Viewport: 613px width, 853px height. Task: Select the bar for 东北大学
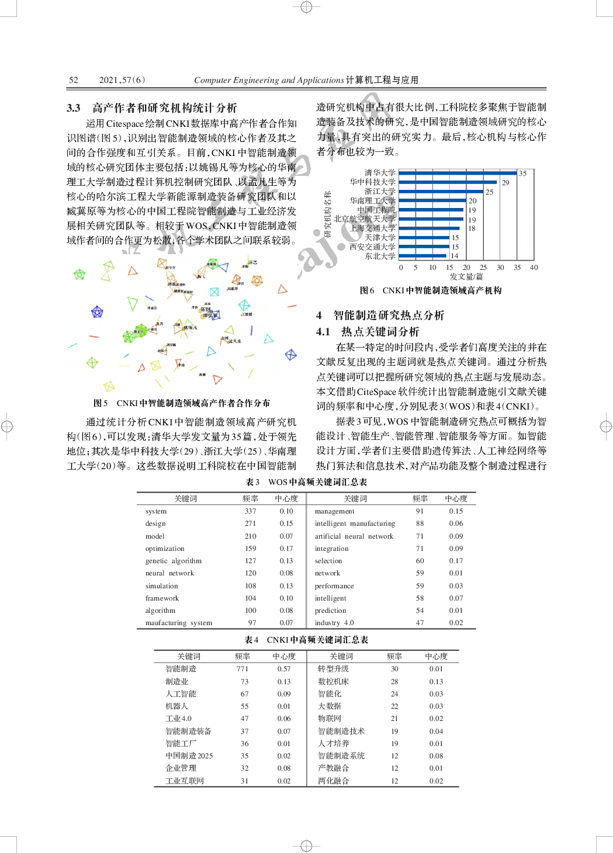click(x=422, y=256)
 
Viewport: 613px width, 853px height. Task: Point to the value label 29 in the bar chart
click(x=505, y=183)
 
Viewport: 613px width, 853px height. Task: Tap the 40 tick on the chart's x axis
click(x=534, y=268)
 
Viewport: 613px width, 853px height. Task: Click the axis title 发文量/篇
click(x=466, y=277)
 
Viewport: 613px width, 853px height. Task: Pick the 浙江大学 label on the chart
click(x=380, y=192)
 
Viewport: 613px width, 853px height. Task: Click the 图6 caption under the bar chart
click(x=431, y=290)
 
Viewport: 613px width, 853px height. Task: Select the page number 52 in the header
click(x=74, y=80)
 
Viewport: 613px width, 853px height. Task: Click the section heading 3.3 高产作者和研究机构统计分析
click(x=152, y=108)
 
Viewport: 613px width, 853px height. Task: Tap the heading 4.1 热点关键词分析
click(x=368, y=332)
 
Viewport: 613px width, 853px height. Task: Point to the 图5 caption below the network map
click(x=181, y=403)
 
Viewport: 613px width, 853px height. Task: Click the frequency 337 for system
click(x=250, y=511)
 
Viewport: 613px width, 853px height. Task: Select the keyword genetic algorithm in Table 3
click(x=174, y=561)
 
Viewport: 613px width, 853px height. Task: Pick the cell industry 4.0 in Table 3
click(x=334, y=623)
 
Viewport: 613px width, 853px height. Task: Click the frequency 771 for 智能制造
click(x=243, y=669)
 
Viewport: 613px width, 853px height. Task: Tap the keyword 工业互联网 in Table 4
click(x=185, y=781)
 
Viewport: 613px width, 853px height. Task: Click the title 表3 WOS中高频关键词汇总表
click(x=306, y=482)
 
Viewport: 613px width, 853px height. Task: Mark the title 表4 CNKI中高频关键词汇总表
click(x=306, y=640)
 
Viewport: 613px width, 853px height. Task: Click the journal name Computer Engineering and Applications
click(x=269, y=80)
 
